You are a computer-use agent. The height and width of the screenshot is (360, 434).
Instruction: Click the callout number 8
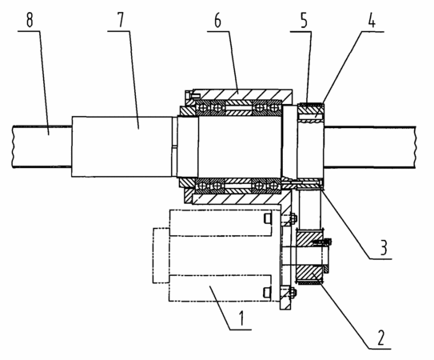30,20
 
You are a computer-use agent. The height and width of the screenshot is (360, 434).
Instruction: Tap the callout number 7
120,20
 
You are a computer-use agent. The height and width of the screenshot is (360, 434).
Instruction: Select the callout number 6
218,21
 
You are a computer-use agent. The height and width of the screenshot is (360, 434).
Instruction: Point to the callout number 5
304,21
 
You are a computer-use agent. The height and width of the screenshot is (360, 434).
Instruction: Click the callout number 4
372,20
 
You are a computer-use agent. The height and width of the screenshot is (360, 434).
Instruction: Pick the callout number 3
384,247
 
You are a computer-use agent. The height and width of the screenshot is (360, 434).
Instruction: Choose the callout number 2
381,338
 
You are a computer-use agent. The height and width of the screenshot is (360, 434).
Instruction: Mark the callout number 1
241,318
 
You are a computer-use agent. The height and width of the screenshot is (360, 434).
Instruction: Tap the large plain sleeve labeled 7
121,146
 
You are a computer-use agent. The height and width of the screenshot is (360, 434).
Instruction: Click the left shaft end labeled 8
42,147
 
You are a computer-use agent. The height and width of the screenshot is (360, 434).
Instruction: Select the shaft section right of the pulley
370,147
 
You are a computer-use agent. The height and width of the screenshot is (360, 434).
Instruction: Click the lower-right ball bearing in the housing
273,185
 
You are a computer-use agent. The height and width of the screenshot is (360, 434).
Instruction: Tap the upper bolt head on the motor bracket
293,218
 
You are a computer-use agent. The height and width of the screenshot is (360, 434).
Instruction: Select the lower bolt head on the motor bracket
293,292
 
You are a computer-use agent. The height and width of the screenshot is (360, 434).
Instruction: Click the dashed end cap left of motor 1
161,255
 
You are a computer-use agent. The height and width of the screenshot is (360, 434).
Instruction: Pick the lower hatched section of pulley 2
310,274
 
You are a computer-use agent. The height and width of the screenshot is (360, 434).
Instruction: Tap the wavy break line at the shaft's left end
13,147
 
